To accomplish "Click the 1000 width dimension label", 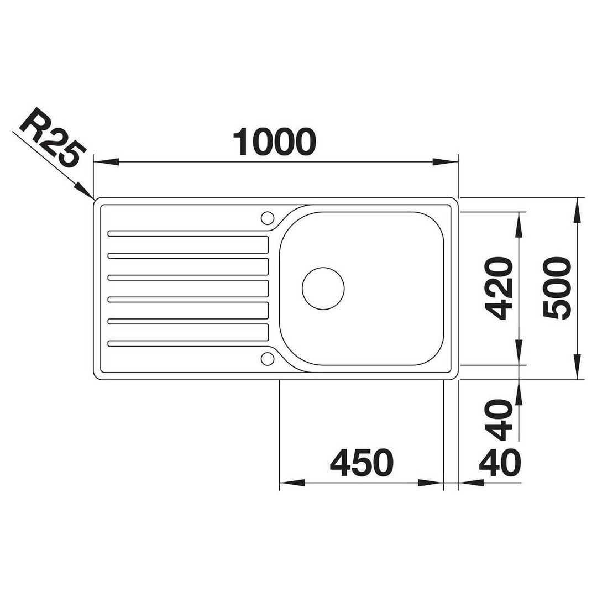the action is pyautogui.click(x=275, y=142).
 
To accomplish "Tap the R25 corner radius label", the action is pyautogui.click(x=51, y=138).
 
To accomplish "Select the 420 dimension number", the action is pyautogui.click(x=499, y=288).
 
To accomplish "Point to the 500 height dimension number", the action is pyautogui.click(x=557, y=288).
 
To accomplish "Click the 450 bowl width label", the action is pyautogui.click(x=362, y=463).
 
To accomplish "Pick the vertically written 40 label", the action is pyautogui.click(x=499, y=420).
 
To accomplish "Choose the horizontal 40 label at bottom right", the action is pyautogui.click(x=500, y=463).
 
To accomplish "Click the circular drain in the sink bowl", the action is pyautogui.click(x=323, y=288).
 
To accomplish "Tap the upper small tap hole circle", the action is pyautogui.click(x=268, y=218).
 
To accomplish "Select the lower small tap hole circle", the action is pyautogui.click(x=268, y=358).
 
